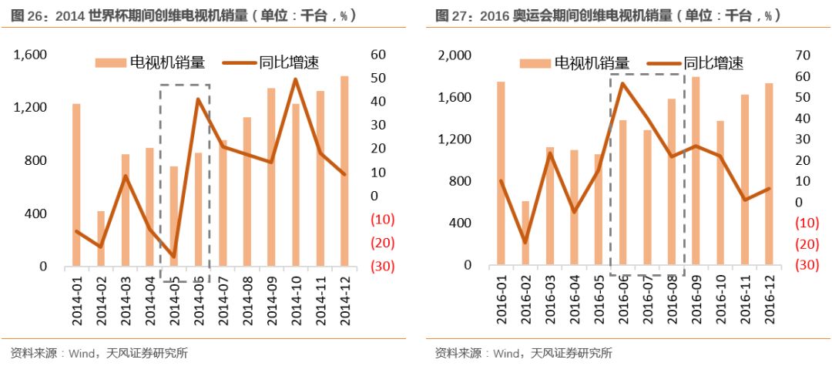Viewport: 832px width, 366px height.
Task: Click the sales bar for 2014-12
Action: point(344,171)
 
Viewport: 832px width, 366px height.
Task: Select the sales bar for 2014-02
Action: point(100,239)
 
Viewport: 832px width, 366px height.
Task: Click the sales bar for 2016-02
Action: point(525,233)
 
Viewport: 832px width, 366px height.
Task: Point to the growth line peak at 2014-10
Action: point(295,79)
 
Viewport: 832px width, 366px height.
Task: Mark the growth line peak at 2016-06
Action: point(622,83)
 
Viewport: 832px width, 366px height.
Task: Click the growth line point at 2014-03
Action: point(125,176)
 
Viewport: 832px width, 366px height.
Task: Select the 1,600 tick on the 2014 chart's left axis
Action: point(30,55)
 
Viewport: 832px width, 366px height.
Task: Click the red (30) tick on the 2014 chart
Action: point(383,267)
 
